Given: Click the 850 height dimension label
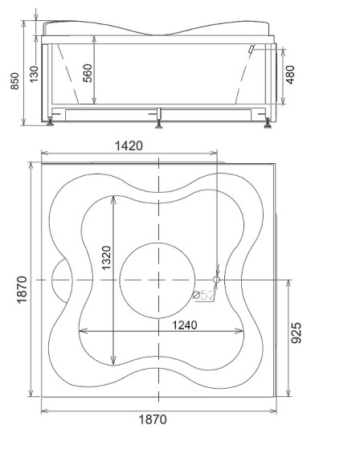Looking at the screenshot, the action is (14, 81).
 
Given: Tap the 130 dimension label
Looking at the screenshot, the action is (34, 74).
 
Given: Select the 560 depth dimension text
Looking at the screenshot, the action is (88, 73).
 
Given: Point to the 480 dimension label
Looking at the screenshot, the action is (290, 75).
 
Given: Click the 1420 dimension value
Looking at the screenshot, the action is (129, 145).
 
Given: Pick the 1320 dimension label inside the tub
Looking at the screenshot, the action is (106, 258).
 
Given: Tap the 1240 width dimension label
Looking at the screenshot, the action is (185, 325).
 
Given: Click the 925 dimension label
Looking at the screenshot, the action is (296, 333).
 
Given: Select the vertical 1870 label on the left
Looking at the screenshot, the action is (22, 290).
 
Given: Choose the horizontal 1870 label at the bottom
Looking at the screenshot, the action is (153, 419).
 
